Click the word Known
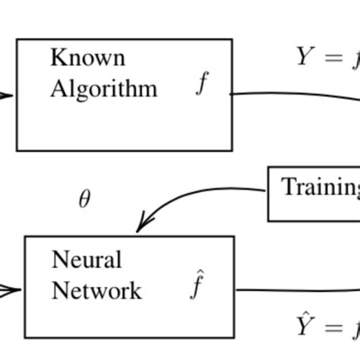[x=87, y=58]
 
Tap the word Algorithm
[x=103, y=89]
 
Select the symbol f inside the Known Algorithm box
[x=201, y=84]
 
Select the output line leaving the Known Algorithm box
[x=289, y=96]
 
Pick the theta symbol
[x=84, y=200]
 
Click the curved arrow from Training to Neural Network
[x=205, y=194]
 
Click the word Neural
[x=87, y=261]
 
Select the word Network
[x=96, y=291]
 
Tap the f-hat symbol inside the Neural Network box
[x=197, y=286]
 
